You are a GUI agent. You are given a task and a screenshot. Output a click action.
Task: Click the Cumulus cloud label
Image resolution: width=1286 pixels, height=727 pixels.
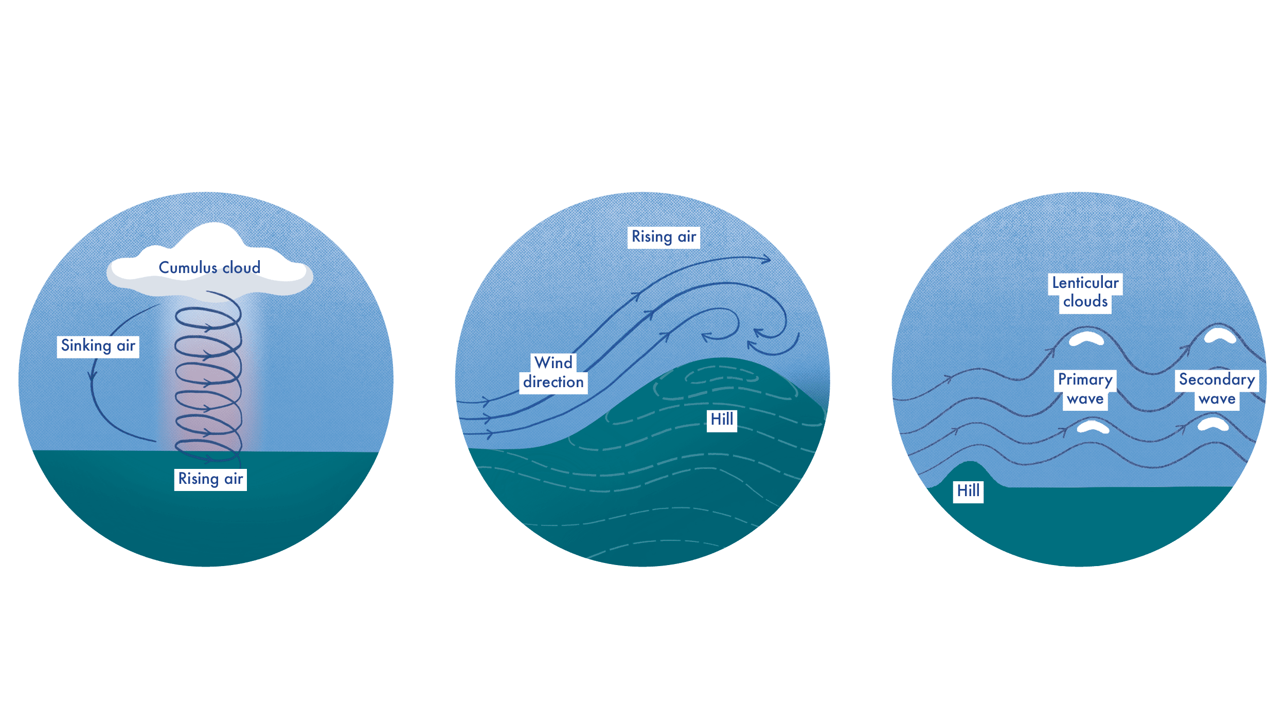[209, 268]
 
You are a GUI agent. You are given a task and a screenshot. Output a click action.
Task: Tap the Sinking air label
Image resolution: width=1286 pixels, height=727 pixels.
[98, 346]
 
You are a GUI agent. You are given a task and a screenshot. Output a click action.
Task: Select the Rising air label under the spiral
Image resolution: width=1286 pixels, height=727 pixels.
[210, 479]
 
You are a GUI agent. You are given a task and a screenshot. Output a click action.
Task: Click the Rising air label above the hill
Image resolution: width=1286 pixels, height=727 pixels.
[664, 237]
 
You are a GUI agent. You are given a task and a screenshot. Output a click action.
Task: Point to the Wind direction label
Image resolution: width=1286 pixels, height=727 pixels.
[553, 373]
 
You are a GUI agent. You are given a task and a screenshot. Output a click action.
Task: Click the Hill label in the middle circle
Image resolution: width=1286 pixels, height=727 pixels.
[722, 420]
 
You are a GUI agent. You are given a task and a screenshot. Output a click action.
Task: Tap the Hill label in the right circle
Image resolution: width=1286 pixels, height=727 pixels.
[968, 491]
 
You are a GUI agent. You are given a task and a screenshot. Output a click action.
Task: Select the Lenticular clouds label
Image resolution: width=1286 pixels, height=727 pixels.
[1085, 292]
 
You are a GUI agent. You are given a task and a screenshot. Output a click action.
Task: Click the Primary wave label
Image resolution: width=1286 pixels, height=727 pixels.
[1085, 389]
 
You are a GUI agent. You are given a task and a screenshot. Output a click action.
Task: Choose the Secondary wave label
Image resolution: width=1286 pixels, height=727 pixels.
[1217, 389]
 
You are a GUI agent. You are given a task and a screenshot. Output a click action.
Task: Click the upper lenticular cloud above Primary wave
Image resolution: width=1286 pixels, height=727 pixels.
[1086, 339]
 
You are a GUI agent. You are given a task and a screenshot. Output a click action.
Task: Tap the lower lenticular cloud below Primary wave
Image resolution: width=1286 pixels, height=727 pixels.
[1093, 427]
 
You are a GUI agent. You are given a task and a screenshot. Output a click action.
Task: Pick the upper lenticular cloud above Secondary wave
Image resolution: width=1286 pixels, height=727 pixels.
[1220, 336]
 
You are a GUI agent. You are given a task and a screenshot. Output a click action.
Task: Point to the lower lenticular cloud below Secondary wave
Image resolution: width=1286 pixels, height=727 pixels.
[1213, 424]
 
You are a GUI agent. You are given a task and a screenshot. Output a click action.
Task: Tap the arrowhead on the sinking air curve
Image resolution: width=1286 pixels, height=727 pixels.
[93, 375]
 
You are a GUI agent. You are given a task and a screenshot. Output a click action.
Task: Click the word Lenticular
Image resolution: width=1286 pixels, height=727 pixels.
[1085, 283]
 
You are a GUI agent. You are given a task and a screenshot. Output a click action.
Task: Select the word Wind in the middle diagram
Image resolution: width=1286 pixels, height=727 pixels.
[553, 363]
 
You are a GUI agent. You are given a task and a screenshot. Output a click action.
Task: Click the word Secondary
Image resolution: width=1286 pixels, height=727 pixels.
[1217, 379]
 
